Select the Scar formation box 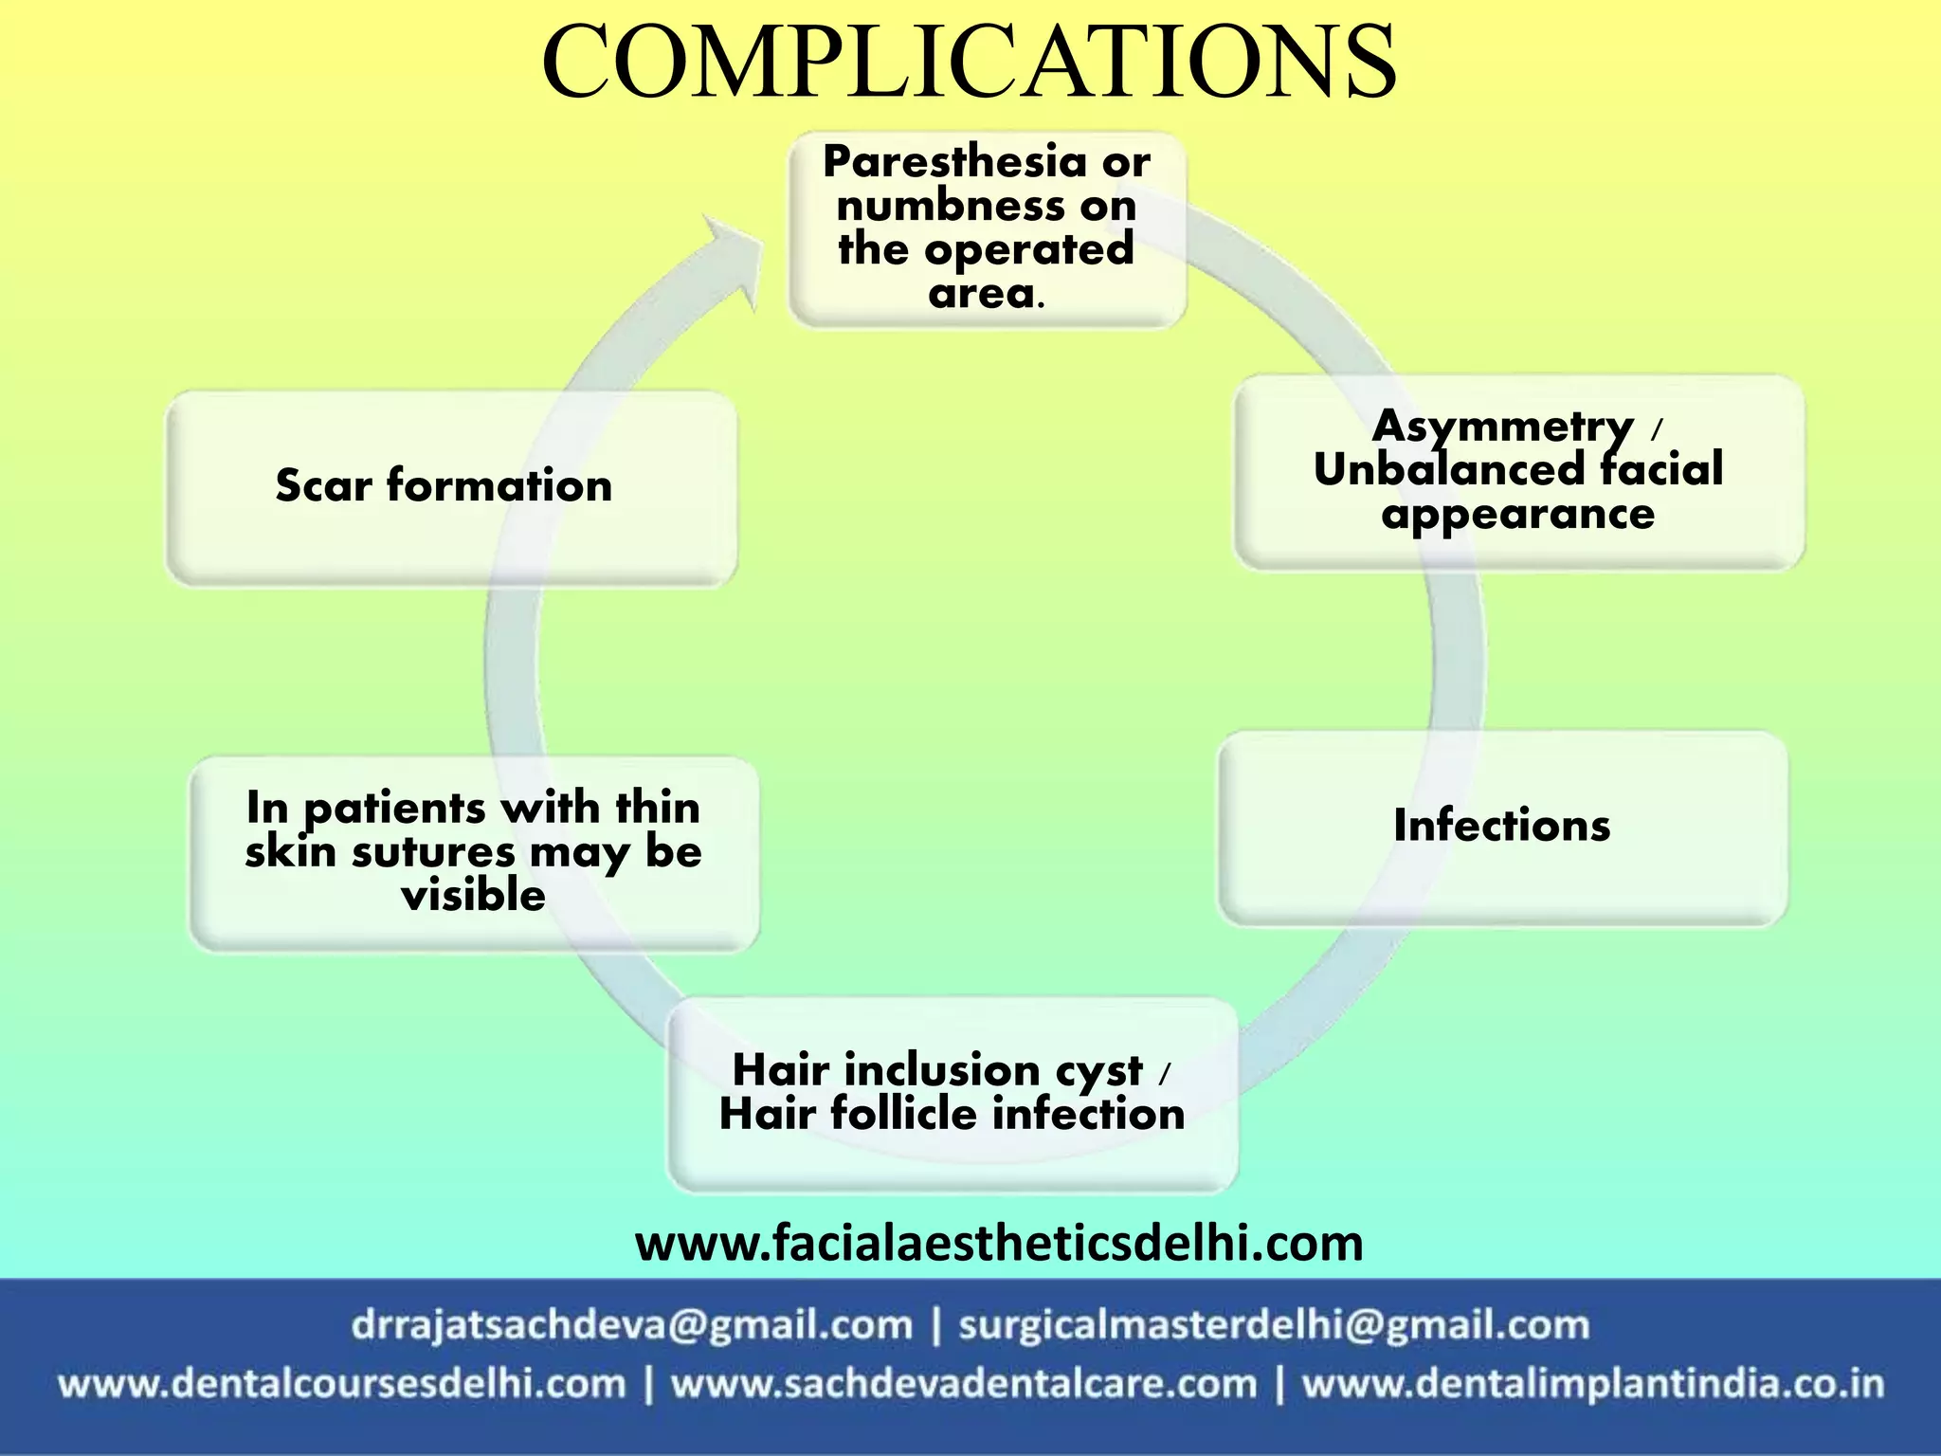451,487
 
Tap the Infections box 1502,827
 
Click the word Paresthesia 953,162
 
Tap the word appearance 1518,515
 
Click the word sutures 436,852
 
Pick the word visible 474,896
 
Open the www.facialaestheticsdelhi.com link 999,1244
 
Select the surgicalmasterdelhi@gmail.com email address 1274,1325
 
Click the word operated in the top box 1028,250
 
